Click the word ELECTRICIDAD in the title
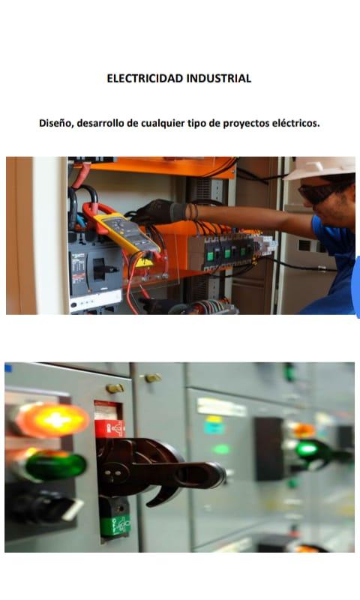[145, 79]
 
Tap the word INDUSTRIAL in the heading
[219, 79]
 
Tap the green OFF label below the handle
[115, 525]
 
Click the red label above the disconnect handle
[109, 428]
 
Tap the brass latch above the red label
[115, 388]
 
